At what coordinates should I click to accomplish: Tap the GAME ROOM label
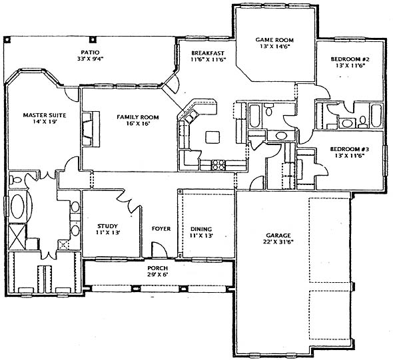coord(274,40)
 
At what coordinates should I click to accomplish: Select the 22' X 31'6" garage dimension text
coord(278,242)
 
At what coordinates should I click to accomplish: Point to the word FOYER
coord(161,228)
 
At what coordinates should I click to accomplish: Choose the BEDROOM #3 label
coord(350,149)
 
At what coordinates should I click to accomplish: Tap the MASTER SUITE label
coord(45,115)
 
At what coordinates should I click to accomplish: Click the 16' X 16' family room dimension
coord(138,123)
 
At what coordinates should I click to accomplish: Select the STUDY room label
coord(107,226)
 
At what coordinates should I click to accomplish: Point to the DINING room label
coord(201,229)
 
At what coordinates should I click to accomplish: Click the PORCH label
coord(158,268)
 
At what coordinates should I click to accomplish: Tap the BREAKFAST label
coord(208,53)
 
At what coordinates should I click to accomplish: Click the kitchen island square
coord(212,138)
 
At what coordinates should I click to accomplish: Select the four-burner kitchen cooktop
coord(218,165)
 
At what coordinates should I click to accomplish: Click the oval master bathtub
coord(18,206)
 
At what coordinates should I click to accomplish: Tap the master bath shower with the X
coord(17,237)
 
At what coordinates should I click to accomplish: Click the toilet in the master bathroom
coord(15,180)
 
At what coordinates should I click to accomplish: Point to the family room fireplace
coord(91,129)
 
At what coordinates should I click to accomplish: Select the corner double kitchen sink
coord(191,116)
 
